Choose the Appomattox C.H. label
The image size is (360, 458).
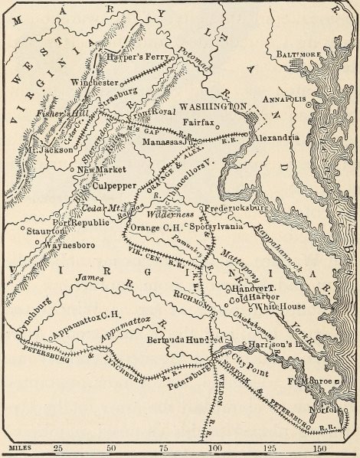[80, 335]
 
